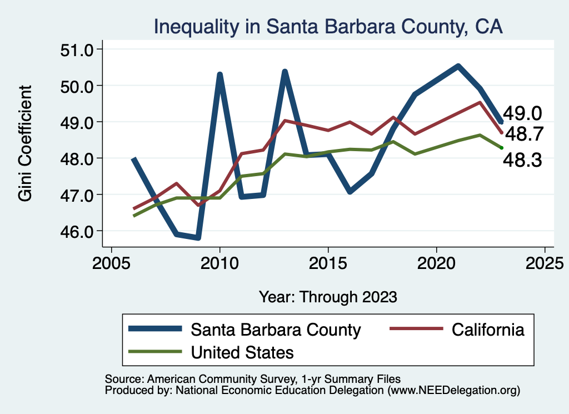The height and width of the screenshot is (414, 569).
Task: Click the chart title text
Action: pyautogui.click(x=328, y=27)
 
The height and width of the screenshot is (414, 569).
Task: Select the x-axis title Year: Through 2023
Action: pyautogui.click(x=328, y=297)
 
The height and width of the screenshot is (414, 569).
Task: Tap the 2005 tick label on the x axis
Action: pyautogui.click(x=112, y=262)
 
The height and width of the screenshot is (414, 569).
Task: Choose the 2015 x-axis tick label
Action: pyautogui.click(x=328, y=262)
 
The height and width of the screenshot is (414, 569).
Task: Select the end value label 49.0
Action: pyautogui.click(x=522, y=114)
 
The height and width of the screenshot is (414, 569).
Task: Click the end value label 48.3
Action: pyautogui.click(x=522, y=161)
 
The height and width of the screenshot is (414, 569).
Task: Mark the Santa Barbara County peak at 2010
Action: pyautogui.click(x=220, y=74)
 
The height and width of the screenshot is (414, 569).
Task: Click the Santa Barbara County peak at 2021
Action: pyautogui.click(x=458, y=66)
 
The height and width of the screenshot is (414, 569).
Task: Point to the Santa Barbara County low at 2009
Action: pyautogui.click(x=198, y=238)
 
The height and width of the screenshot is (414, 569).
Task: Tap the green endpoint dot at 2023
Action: pyautogui.click(x=501, y=147)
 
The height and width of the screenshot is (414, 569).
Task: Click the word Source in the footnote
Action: pyautogui.click(x=121, y=378)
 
